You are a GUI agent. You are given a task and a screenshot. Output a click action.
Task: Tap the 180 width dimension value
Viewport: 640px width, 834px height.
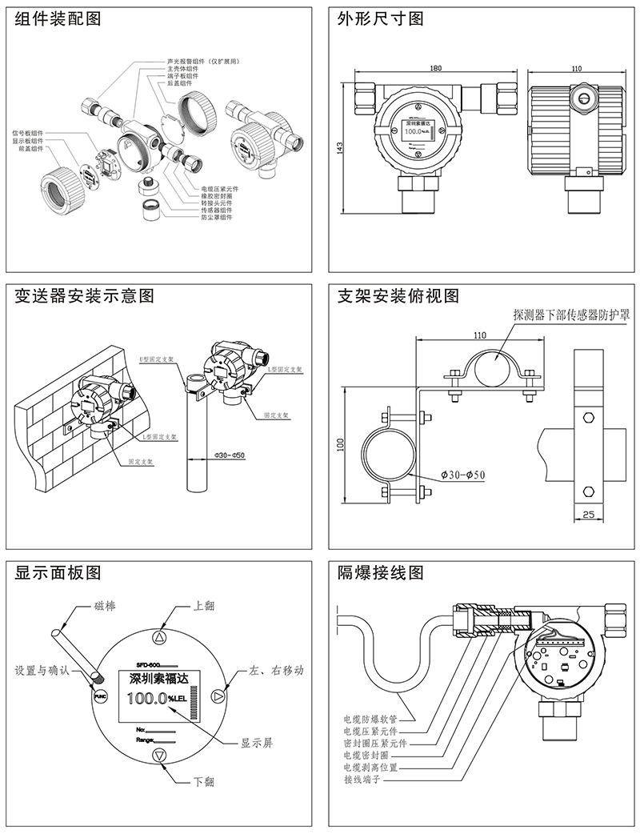pos(435,69)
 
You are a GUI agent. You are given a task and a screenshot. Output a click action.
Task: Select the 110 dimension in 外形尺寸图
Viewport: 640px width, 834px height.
pos(577,69)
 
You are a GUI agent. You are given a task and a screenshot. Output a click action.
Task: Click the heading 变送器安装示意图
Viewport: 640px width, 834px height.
pos(85,296)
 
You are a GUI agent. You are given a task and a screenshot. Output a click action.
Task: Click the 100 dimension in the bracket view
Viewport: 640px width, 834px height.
pos(340,442)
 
